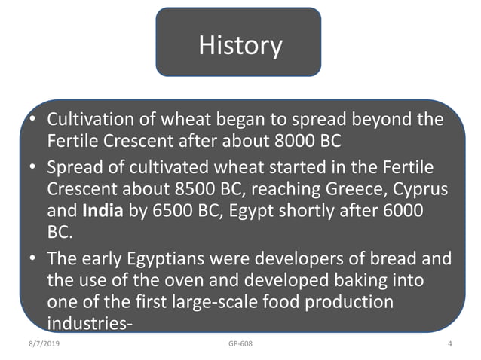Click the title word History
tap(240, 45)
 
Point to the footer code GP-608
tap(240, 344)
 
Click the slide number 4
tap(449, 344)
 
